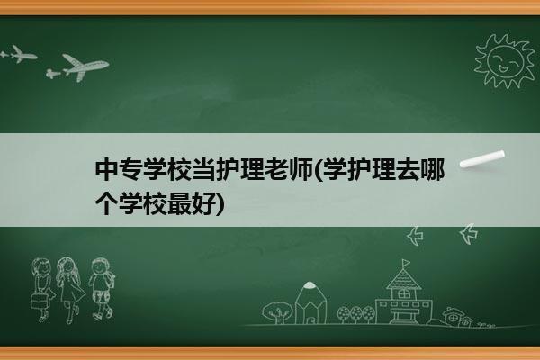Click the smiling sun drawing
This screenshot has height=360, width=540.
click(504, 60)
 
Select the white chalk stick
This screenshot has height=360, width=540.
click(482, 159)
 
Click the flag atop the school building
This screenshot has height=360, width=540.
click(407, 263)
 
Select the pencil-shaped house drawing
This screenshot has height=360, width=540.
click(310, 302)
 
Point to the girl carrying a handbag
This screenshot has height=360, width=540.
click(42, 290)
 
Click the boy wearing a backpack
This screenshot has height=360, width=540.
click(102, 289)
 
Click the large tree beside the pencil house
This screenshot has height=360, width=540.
click(277, 312)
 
